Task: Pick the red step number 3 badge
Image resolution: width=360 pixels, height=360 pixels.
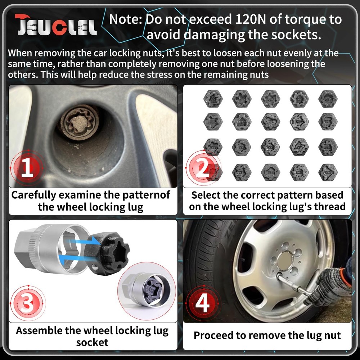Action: pos(27,304)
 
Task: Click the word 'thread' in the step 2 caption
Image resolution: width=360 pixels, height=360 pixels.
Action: pos(328,207)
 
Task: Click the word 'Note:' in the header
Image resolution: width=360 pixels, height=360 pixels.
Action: pos(126,19)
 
